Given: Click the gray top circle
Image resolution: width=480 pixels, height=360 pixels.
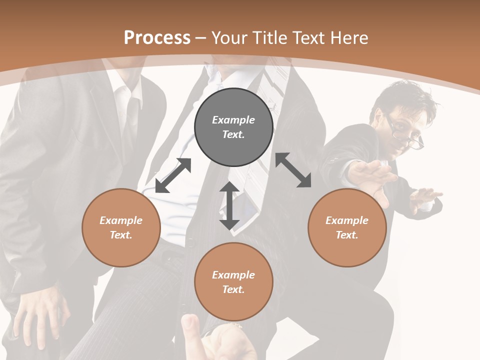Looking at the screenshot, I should click(x=233, y=127).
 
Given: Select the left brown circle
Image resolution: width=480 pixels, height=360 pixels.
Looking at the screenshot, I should click(x=121, y=227).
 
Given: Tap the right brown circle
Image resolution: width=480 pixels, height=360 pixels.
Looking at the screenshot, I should click(x=347, y=227).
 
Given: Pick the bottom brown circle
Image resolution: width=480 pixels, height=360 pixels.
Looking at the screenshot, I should click(x=233, y=282).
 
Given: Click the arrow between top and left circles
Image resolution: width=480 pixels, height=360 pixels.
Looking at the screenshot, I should click(x=173, y=175).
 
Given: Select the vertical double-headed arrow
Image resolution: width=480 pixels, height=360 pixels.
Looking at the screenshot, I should click(x=229, y=205).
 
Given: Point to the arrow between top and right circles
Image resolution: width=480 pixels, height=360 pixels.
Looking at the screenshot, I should click(x=293, y=170).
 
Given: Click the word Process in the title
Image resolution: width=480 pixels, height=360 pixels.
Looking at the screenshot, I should click(x=157, y=37).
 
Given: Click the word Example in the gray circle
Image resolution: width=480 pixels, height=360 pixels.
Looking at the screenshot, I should click(x=233, y=120).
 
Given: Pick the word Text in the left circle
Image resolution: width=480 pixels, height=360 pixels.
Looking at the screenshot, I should click(x=121, y=235).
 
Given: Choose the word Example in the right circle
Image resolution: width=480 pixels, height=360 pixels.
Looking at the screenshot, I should click(x=347, y=220).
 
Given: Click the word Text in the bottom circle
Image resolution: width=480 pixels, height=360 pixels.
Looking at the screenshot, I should click(x=233, y=289).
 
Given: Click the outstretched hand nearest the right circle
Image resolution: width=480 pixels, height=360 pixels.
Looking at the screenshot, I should click(x=372, y=175).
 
